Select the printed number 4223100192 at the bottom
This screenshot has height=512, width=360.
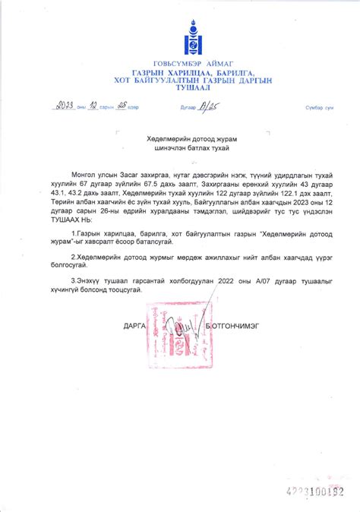(x=311, y=491)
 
